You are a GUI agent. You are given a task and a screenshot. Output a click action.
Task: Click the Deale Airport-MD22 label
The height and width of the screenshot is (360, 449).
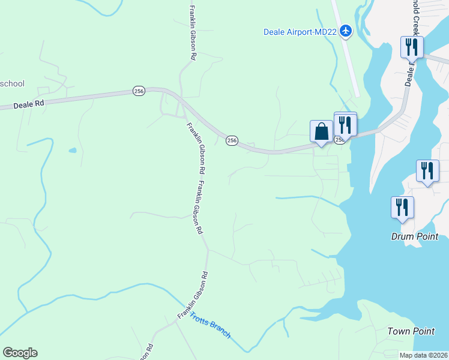click(300, 32)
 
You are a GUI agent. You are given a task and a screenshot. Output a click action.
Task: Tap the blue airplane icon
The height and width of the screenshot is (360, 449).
click(346, 31)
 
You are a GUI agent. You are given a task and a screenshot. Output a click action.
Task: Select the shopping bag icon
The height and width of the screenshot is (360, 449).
click(321, 131)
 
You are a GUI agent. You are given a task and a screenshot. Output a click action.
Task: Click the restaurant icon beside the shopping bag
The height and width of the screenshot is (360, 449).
click(345, 124)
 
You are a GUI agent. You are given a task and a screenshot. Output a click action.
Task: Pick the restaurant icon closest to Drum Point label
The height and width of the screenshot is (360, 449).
click(402, 208)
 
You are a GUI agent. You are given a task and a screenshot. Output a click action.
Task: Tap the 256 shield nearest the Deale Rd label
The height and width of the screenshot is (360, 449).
click(139, 91)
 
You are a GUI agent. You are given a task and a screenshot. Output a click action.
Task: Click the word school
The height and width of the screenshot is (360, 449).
click(11, 83)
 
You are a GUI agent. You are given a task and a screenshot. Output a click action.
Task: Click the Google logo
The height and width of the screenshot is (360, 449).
click(20, 353)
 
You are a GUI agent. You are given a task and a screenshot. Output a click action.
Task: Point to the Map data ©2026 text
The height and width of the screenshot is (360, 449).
click(424, 355)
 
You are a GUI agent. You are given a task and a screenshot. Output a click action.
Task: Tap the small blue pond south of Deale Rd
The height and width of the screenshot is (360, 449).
click(73, 150)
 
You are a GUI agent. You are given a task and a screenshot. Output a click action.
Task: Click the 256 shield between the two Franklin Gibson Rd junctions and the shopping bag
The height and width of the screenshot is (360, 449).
click(232, 140)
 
